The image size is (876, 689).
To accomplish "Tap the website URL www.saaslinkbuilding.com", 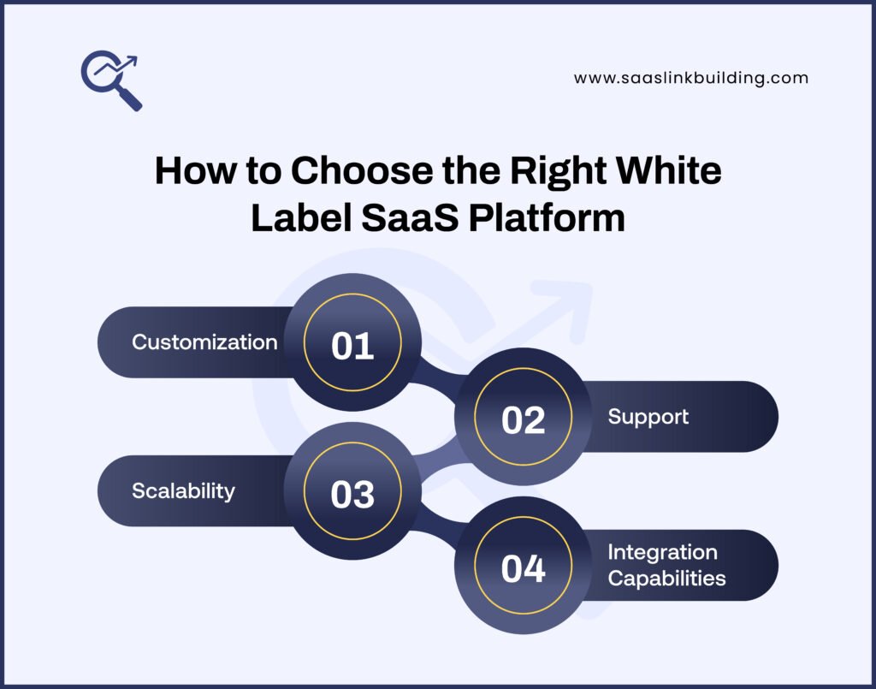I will (690, 78).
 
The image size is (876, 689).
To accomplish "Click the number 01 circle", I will (352, 346).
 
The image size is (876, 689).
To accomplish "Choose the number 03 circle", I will (352, 495).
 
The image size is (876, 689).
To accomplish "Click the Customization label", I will (204, 342).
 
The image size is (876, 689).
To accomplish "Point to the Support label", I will (648, 417).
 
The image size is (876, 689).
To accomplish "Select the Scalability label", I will (183, 490).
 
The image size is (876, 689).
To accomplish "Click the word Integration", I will (662, 552).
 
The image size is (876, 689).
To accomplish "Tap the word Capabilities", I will (666, 578).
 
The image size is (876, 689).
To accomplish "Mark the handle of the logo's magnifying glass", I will (131, 99).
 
